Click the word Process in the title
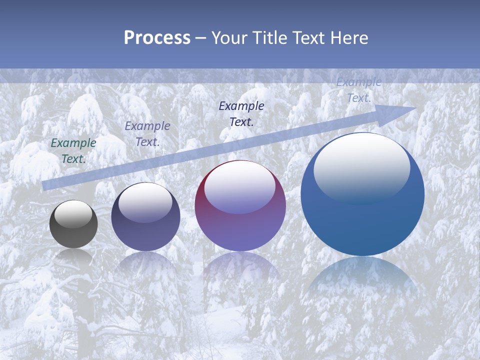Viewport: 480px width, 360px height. click(157, 38)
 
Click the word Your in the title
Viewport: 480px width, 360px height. click(230, 38)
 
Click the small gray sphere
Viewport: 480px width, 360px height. click(73, 224)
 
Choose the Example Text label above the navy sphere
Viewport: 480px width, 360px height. click(147, 134)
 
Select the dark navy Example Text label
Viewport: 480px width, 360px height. click(241, 113)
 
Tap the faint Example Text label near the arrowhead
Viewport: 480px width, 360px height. click(359, 90)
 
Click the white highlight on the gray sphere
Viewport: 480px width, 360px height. click(73, 214)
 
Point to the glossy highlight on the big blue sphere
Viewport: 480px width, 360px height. click(361, 167)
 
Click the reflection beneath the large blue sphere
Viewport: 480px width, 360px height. click(362, 280)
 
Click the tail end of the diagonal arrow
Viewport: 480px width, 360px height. click(44, 185)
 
